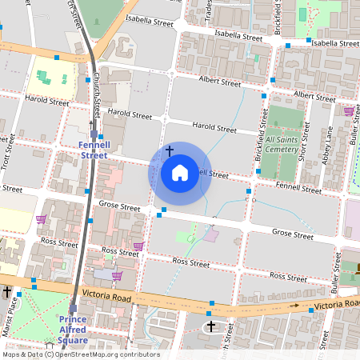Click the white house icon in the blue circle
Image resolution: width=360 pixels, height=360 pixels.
pyautogui.click(x=180, y=173)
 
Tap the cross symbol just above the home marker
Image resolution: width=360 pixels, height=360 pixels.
pyautogui.click(x=169, y=150)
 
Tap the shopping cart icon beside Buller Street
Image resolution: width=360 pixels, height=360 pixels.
pyautogui.click(x=348, y=111)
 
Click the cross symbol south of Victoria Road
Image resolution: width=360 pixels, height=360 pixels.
pyautogui.click(x=211, y=326)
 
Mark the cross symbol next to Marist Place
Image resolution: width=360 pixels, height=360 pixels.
pyautogui.click(x=7, y=293)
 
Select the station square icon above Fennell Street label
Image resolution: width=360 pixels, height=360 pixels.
pyautogui.click(x=94, y=134)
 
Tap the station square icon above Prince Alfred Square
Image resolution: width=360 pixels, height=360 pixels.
pyautogui.click(x=73, y=308)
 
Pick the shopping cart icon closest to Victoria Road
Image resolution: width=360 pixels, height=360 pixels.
pyautogui.click(x=117, y=276)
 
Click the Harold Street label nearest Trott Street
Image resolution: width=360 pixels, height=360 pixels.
pyautogui.click(x=46, y=102)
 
